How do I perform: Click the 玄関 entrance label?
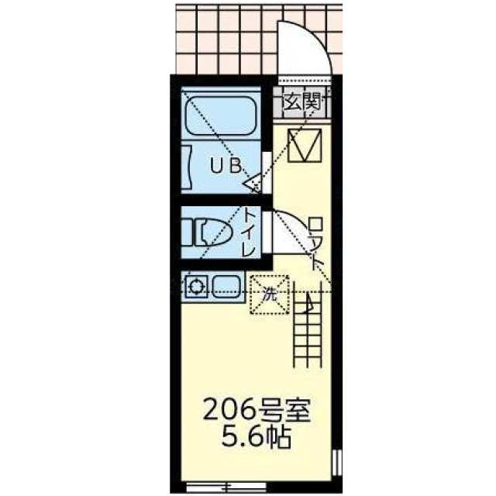click(x=303, y=102)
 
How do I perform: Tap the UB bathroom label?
click(x=226, y=166)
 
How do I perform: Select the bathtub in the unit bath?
click(x=221, y=115)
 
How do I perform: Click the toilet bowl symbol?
click(x=215, y=232)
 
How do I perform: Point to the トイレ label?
click(x=248, y=232)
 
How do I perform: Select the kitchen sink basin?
click(x=226, y=287)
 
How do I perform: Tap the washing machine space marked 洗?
click(x=270, y=294)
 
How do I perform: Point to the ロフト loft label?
click(x=316, y=243)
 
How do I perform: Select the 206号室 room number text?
click(x=257, y=411)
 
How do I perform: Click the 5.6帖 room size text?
click(x=257, y=437)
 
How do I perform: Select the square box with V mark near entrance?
click(x=305, y=145)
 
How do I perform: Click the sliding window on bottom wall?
click(x=226, y=485)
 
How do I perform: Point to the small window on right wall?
click(x=338, y=463)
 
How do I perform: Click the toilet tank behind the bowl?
click(x=187, y=232)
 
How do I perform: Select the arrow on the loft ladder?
click(x=308, y=301)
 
